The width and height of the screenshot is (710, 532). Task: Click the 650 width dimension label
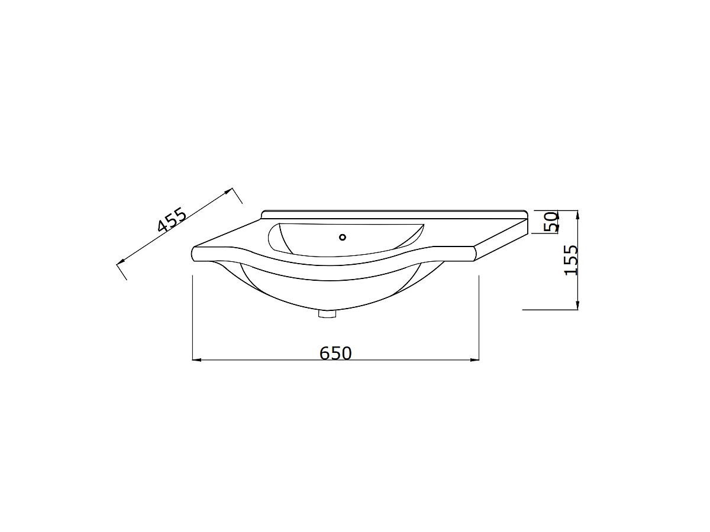tap(335, 353)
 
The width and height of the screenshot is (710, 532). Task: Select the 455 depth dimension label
tap(172, 220)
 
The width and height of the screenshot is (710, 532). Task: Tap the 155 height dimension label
tap(570, 260)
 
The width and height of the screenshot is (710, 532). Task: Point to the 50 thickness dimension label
tap(551, 222)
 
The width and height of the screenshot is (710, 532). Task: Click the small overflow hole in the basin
tap(343, 238)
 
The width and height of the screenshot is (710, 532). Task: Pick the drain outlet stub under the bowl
tap(327, 314)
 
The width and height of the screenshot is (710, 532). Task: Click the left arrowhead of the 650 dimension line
tap(196, 359)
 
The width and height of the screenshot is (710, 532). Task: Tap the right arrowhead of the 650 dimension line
tap(475, 359)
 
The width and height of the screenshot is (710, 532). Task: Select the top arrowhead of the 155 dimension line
tap(577, 215)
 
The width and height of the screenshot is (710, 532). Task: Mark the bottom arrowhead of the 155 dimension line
tap(577, 305)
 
